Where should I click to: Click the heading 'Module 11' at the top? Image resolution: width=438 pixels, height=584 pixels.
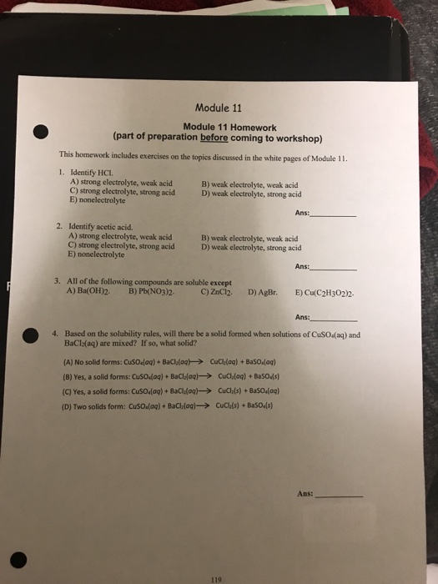pyautogui.click(x=216, y=108)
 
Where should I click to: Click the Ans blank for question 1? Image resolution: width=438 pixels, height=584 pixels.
pyautogui.click(x=333, y=213)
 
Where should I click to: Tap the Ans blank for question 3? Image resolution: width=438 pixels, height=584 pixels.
pyautogui.click(x=333, y=318)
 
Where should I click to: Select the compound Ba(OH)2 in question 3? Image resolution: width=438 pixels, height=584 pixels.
pyautogui.click(x=83, y=293)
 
